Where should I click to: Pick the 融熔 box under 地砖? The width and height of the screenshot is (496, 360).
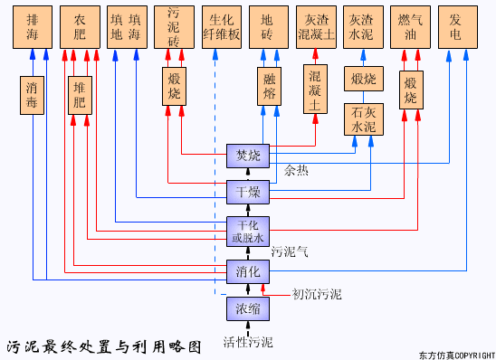tap(268, 88)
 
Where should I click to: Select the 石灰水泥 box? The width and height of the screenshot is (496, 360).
tap(364, 119)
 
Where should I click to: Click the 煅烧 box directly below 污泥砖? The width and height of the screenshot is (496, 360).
tap(175, 87)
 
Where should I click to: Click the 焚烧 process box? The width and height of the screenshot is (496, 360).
tap(247, 156)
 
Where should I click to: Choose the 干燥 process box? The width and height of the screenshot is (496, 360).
tap(247, 192)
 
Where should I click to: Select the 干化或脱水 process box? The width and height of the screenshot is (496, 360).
tap(247, 232)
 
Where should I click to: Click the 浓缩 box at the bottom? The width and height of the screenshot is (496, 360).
tap(247, 308)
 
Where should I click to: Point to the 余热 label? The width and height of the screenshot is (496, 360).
tap(296, 170)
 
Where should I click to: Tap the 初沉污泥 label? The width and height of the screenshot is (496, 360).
tap(317, 294)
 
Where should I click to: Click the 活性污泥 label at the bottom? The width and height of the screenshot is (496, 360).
tap(247, 343)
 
